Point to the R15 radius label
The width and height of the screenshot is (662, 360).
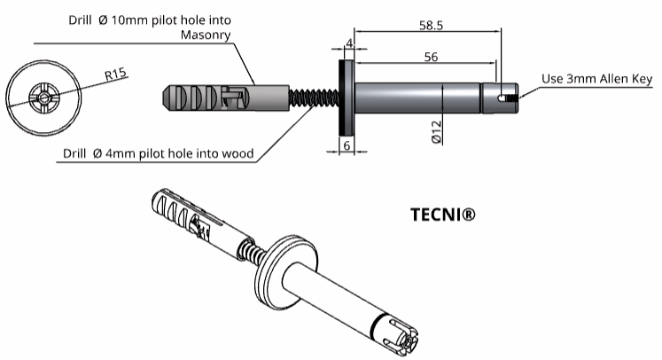(114, 74)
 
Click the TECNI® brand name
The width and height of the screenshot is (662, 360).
(445, 215)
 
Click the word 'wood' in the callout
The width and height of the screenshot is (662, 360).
(238, 153)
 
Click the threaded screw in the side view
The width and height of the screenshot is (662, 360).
(315, 97)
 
